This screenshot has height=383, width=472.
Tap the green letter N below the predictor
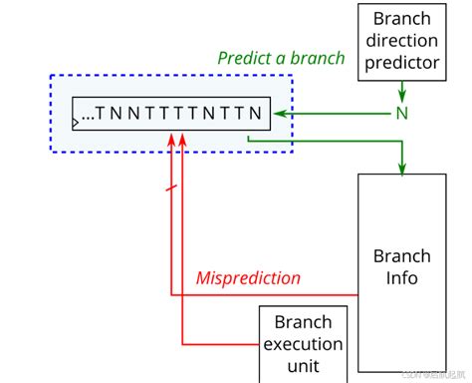click(x=402, y=113)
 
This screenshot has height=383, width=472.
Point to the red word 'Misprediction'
click(x=248, y=278)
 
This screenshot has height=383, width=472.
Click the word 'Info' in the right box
click(x=402, y=277)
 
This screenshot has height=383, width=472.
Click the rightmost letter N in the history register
click(x=256, y=114)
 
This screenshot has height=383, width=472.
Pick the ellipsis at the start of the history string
click(x=88, y=116)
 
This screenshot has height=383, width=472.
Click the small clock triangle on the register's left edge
click(x=77, y=124)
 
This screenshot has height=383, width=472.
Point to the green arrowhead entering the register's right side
click(x=282, y=113)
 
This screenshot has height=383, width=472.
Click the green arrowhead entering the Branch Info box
click(x=402, y=167)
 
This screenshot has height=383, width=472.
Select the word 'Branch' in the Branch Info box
click(x=402, y=255)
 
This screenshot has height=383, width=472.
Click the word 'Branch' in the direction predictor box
click(x=402, y=18)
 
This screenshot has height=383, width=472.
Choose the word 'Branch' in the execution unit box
click(x=303, y=323)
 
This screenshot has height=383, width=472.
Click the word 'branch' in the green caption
click(x=316, y=58)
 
